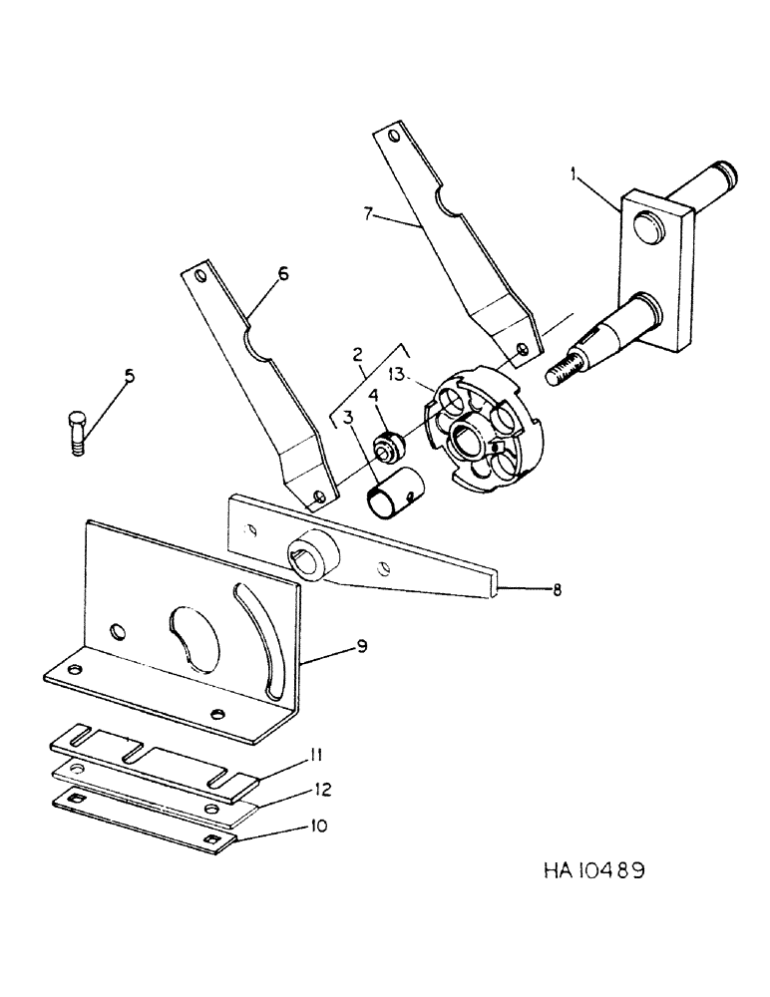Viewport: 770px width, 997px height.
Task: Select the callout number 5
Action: coord(128,377)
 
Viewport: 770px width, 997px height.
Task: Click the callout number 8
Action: coord(556,590)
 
